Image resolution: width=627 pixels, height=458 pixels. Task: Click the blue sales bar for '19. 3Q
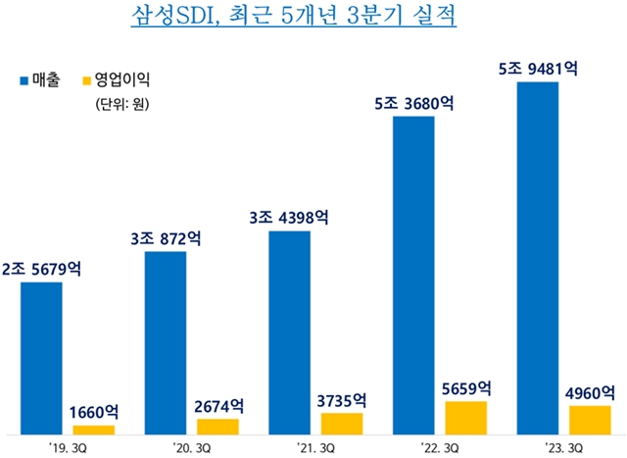coord(41,358)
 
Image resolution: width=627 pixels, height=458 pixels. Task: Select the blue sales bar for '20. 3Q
coord(166,343)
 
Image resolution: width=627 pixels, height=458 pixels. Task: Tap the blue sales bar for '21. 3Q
coord(290,332)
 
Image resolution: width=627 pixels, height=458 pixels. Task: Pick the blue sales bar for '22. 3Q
coord(413,276)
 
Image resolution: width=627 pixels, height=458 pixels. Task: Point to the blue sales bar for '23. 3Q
coord(538,258)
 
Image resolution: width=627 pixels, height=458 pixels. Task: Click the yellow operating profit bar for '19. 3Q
coord(94,430)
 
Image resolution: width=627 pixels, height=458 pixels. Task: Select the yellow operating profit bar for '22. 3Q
coord(466,418)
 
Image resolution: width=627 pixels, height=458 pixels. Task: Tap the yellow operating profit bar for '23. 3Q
coord(590,420)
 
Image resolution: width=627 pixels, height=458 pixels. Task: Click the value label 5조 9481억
coord(538,69)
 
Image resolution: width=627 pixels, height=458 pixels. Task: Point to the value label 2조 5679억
coord(41,269)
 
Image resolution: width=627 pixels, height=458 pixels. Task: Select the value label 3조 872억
coord(166,238)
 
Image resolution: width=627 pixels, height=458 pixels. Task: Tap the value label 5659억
coord(466,388)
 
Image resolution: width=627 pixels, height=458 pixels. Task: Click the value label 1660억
coord(94,412)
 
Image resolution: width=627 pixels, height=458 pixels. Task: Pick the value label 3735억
coord(342,400)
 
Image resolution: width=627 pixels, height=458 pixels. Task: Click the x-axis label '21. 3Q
coord(315,447)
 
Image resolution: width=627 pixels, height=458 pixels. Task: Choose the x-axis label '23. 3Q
coord(564,447)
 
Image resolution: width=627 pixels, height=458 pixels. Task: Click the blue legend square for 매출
coord(24,80)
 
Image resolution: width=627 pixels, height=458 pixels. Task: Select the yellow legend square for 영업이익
coord(87,80)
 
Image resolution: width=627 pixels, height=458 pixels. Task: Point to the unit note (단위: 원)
coord(121,104)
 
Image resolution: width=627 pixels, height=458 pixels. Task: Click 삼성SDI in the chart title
coord(174,16)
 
